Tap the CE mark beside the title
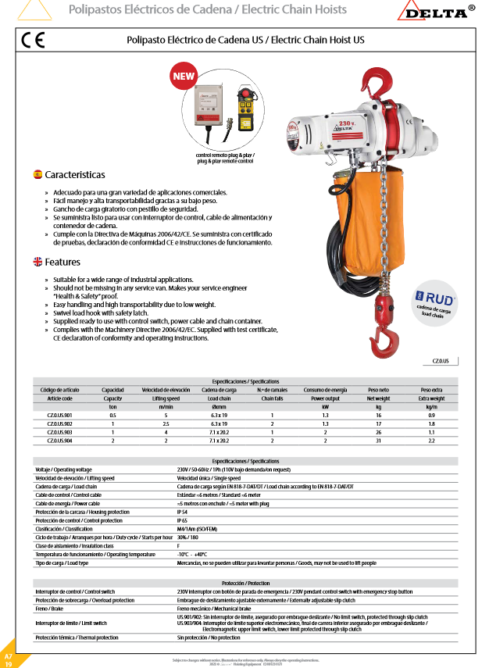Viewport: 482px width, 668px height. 33,41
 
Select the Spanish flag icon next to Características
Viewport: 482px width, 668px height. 37,173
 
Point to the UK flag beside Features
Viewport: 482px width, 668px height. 37,262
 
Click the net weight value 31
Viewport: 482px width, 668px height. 378,439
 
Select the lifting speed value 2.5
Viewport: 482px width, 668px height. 166,423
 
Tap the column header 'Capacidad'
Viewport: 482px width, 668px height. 112,390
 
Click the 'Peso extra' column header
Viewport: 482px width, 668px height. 431,390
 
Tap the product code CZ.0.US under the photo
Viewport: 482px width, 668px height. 441,362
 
